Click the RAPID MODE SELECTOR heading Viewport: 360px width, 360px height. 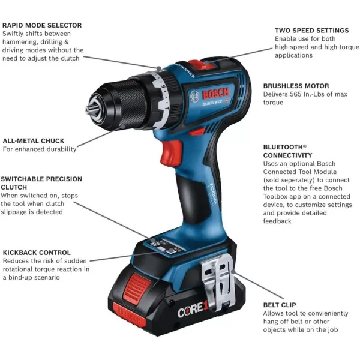pos(42,25)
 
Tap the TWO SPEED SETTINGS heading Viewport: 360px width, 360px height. pos(311,30)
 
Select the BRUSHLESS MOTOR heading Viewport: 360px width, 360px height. pos(296,86)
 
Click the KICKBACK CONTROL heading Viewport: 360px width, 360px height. pos(37,253)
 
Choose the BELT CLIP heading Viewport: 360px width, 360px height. pos(280,305)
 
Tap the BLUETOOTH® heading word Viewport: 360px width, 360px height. pos(285,146)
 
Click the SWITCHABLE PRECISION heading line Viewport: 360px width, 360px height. pos(41,179)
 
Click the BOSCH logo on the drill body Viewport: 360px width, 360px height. pos(211,95)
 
